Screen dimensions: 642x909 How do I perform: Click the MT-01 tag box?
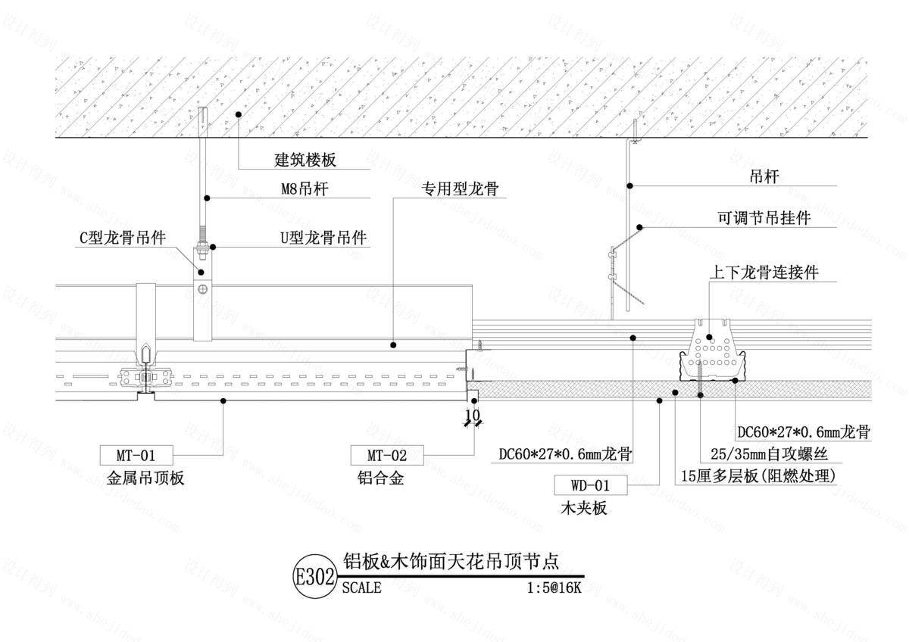tap(136, 455)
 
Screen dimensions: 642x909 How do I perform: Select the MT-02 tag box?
tap(387, 455)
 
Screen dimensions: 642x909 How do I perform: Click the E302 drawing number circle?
tap(314, 577)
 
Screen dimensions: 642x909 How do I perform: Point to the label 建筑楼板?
tap(305, 160)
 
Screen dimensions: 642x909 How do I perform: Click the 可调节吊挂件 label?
tap(764, 218)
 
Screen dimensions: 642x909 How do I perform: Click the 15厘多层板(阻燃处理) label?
tap(757, 476)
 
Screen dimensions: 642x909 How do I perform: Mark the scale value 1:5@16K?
tap(554, 587)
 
